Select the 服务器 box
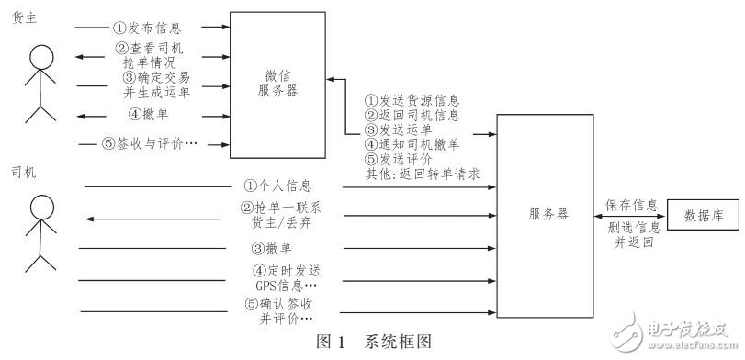click(547, 212)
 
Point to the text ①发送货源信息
click(412, 99)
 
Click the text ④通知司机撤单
click(412, 143)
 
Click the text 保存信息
click(630, 204)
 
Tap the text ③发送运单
click(400, 129)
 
